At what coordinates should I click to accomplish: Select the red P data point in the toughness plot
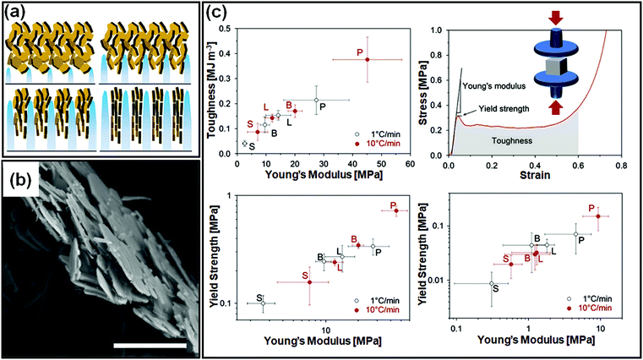(x=367, y=58)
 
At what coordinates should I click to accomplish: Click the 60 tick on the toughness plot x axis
(x=410, y=164)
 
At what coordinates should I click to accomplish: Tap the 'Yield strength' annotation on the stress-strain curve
(x=494, y=109)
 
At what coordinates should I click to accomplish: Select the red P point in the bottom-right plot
(x=598, y=216)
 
